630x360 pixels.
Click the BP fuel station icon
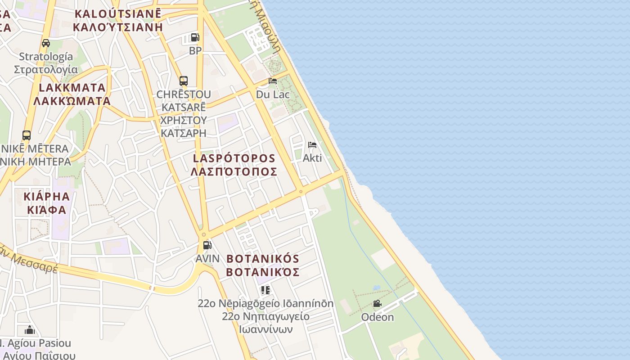195,37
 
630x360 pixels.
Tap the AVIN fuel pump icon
207,245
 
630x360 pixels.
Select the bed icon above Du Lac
272,81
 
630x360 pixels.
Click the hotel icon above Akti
312,145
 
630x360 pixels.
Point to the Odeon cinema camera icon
377,304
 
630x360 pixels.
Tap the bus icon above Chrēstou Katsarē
183,81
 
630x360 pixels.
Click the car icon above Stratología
45,43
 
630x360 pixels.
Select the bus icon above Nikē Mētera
27,135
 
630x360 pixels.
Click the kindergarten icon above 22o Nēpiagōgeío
265,290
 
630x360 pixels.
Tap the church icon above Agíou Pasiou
30,330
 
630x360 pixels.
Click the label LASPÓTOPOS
234,158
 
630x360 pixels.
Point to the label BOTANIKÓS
263,259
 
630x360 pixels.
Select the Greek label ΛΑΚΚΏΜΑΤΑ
72,101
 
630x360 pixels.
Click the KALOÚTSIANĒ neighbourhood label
117,13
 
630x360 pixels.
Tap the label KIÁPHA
47,197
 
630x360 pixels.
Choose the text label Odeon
377,317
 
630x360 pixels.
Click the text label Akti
312,158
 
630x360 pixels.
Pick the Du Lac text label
273,94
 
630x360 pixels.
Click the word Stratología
46,57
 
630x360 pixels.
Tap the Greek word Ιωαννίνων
265,329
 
